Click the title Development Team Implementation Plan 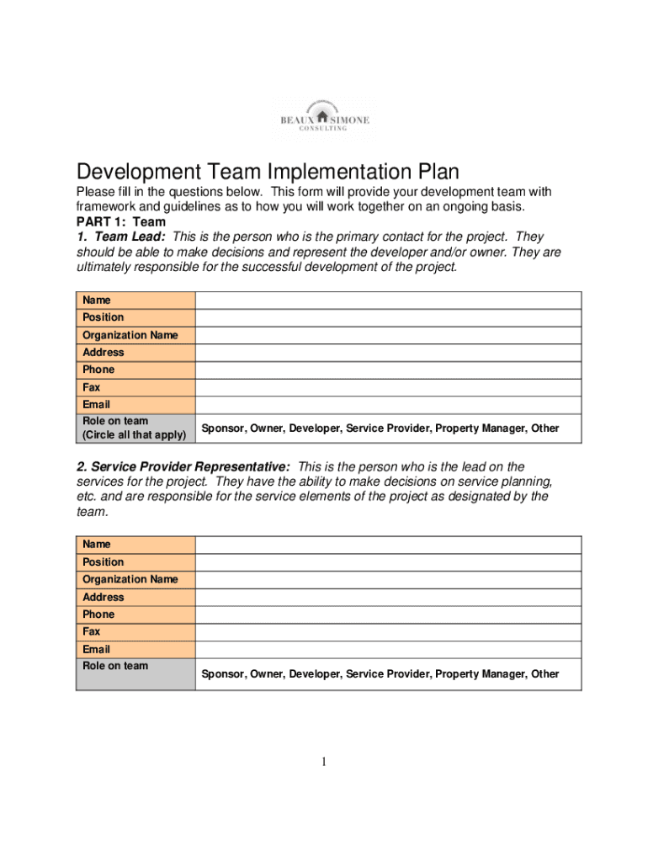[x=268, y=173]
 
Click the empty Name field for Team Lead [x=388, y=301]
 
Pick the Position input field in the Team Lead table [x=388, y=317]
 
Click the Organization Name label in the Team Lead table [x=130, y=335]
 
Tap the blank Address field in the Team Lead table [x=388, y=353]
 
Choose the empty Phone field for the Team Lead [x=388, y=370]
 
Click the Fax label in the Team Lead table [x=91, y=387]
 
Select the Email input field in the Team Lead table [x=388, y=405]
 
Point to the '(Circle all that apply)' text [x=134, y=435]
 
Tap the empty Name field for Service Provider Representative [x=388, y=545]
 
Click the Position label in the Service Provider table [x=103, y=561]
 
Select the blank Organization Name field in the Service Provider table [x=388, y=579]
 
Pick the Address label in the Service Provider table [x=103, y=597]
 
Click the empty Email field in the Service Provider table [x=388, y=649]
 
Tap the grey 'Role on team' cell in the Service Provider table [x=135, y=673]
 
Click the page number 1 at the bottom [x=323, y=763]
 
